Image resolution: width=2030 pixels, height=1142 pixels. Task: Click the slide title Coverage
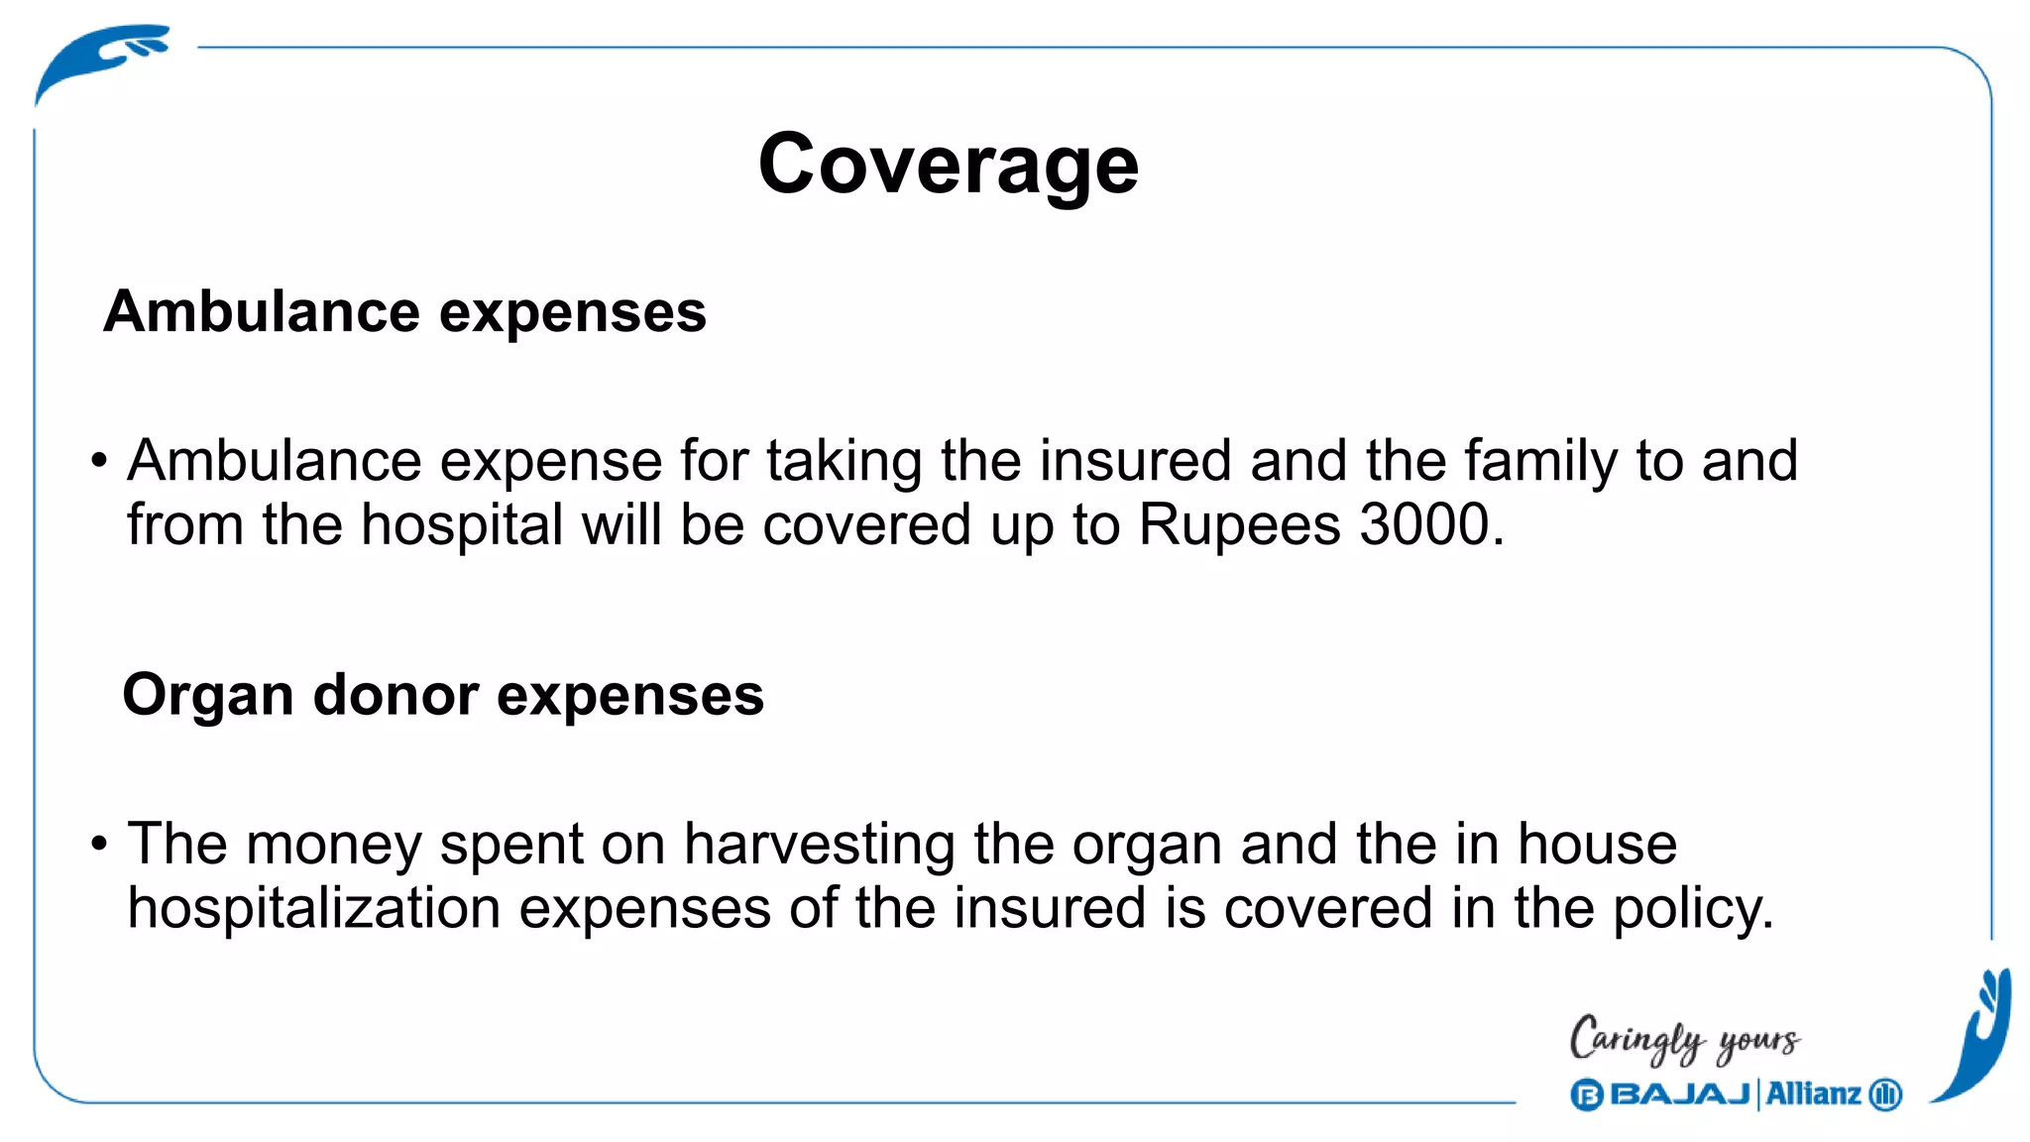(948, 166)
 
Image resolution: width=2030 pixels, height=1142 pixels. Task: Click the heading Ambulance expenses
(404, 312)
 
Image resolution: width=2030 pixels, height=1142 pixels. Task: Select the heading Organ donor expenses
(443, 695)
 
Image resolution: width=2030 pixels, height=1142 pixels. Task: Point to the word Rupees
(1239, 526)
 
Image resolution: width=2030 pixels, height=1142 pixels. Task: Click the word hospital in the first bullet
(462, 524)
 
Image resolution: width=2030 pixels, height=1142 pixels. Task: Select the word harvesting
(819, 845)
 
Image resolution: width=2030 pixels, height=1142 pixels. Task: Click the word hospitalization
(314, 908)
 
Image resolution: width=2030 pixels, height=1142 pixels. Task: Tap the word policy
(1692, 909)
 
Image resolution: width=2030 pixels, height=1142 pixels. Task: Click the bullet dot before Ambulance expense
(98, 461)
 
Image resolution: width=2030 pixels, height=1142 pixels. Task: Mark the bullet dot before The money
(98, 845)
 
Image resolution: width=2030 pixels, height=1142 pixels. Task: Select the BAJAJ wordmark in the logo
(1680, 1094)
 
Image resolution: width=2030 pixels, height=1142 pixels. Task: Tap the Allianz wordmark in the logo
(1813, 1094)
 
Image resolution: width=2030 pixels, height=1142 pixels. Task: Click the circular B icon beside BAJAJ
(1587, 1095)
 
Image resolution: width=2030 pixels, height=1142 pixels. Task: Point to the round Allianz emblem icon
(1885, 1094)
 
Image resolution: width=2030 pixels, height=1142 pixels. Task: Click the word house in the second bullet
(1597, 845)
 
